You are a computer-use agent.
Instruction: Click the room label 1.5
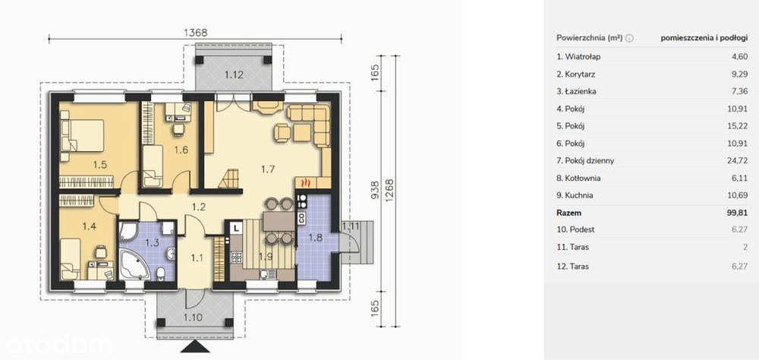click(x=100, y=165)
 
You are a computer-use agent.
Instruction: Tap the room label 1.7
click(x=268, y=169)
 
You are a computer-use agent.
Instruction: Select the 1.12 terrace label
click(x=234, y=74)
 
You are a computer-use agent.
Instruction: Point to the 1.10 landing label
click(x=193, y=318)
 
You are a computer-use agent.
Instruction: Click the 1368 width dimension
click(x=196, y=33)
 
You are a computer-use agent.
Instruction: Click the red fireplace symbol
click(x=305, y=183)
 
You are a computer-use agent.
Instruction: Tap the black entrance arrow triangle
click(x=196, y=346)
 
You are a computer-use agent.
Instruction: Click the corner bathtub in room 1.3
click(x=132, y=264)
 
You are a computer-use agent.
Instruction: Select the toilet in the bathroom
click(x=161, y=275)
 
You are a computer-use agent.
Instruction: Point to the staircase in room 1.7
click(x=229, y=178)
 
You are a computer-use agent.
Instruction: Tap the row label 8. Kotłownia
click(x=578, y=178)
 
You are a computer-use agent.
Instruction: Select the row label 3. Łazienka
click(x=576, y=91)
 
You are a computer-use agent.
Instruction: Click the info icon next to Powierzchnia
click(x=629, y=39)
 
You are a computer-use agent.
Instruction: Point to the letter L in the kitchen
click(x=236, y=227)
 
